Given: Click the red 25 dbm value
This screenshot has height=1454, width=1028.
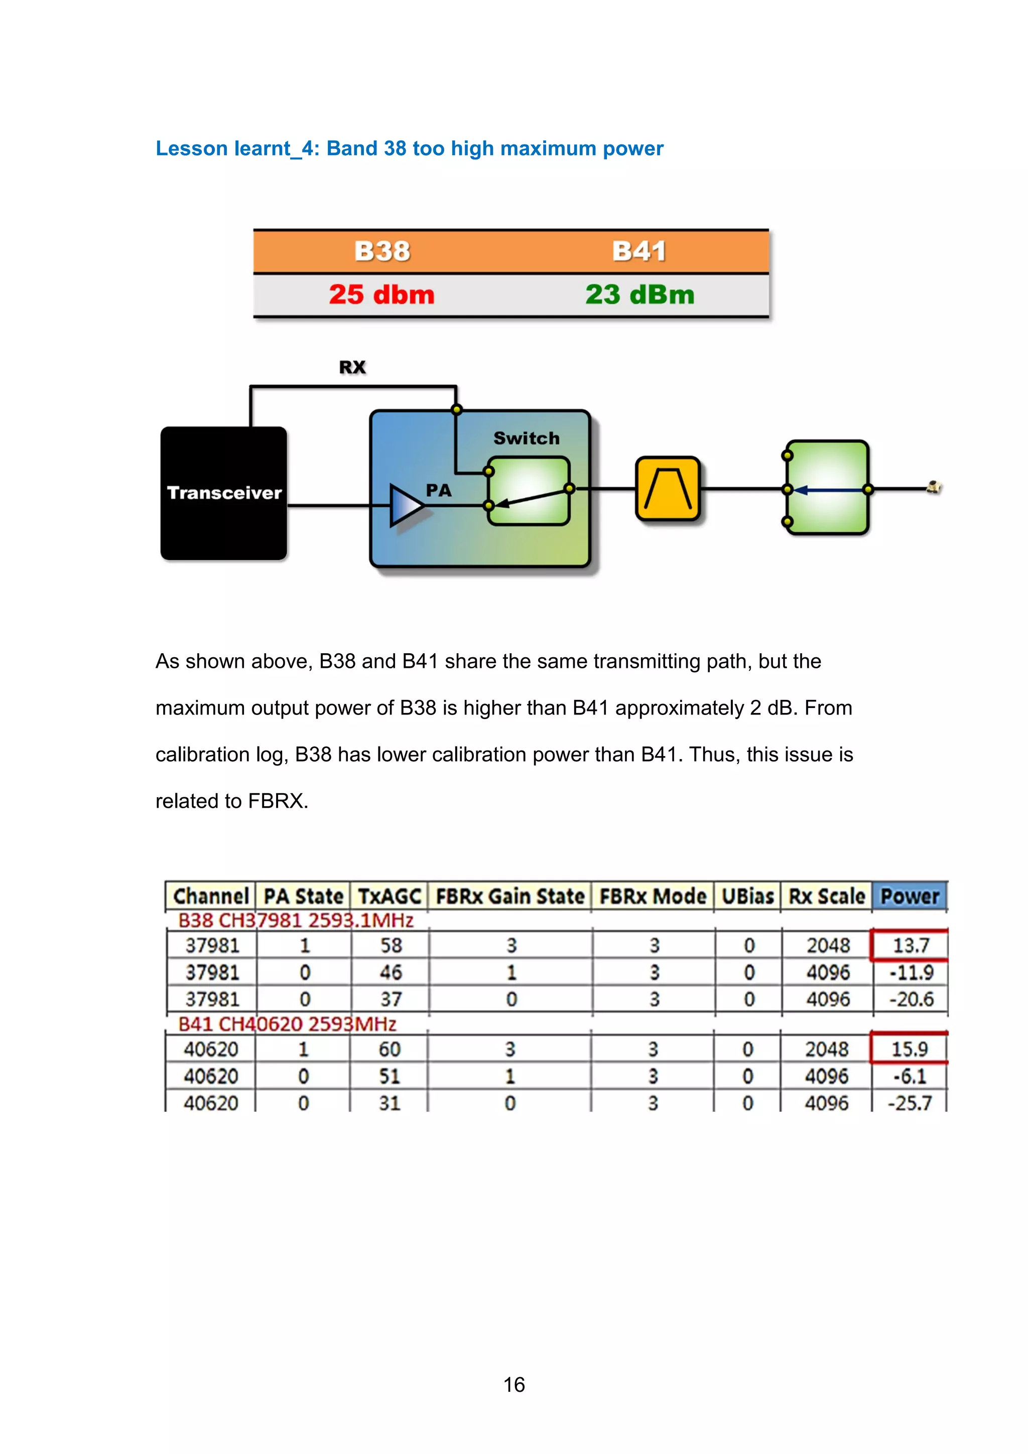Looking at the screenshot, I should (x=381, y=295).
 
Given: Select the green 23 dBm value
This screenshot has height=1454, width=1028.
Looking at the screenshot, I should (x=639, y=295).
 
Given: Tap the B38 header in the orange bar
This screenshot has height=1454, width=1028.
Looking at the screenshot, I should (x=382, y=251).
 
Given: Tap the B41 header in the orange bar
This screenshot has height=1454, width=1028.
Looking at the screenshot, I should (x=638, y=251).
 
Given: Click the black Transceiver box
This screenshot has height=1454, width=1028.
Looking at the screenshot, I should (x=223, y=493).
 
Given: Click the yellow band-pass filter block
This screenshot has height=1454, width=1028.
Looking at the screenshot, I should (x=668, y=489).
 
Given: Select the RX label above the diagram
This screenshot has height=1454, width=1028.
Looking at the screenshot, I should (x=352, y=367).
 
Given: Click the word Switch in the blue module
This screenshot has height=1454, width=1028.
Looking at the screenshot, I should (x=527, y=438).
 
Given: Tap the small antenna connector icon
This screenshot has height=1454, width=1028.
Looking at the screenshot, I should (x=934, y=488).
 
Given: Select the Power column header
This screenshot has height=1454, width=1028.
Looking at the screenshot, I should (x=909, y=897).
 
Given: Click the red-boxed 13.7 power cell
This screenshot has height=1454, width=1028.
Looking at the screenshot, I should (x=910, y=945).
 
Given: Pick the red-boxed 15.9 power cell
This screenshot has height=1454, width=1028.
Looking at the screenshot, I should (x=909, y=1049).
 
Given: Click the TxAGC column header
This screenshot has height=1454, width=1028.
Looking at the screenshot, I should (x=389, y=897).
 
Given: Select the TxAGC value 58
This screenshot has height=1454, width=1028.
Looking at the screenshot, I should (x=391, y=945).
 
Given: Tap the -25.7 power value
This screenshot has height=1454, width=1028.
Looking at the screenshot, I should (x=909, y=1103).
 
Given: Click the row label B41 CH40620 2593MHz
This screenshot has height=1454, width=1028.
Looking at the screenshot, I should (x=287, y=1024).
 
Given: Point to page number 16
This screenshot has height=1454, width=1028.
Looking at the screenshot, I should (x=513, y=1385).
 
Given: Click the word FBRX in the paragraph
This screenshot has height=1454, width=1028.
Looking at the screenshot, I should (x=276, y=801).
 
